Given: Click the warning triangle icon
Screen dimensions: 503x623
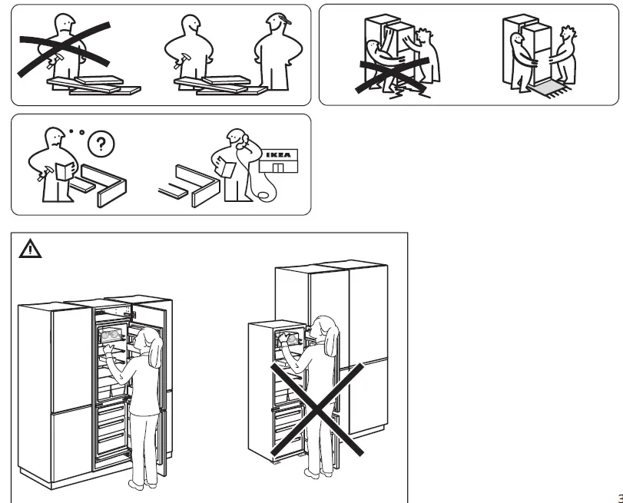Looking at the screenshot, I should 30,249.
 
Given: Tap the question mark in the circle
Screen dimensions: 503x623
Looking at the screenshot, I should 99,144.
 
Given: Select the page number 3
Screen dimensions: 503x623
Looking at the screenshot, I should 618,497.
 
